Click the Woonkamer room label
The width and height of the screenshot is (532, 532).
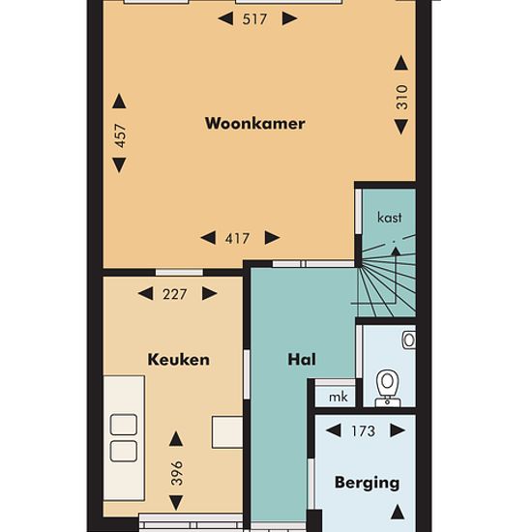click(254, 123)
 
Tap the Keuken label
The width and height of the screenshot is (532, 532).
click(179, 360)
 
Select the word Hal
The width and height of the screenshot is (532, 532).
click(302, 360)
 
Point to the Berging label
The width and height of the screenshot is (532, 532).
click(367, 483)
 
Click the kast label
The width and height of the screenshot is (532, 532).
click(390, 217)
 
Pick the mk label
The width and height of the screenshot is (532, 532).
click(339, 397)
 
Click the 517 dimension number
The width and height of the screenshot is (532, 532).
click(254, 19)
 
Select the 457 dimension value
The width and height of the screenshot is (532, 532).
click(121, 135)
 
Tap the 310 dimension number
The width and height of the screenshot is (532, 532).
click(402, 97)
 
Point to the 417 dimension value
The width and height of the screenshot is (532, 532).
click(237, 239)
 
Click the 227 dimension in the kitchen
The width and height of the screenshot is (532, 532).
click(175, 294)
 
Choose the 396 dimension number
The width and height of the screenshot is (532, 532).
click(177, 473)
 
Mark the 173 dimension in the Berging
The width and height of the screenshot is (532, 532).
click(364, 431)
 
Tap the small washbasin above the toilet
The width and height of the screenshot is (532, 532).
click(408, 340)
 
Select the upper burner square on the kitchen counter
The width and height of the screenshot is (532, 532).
click(124, 425)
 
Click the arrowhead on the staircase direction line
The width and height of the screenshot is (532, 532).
click(396, 251)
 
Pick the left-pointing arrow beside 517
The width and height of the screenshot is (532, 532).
click(225, 18)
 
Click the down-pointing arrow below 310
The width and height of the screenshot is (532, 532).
click(401, 127)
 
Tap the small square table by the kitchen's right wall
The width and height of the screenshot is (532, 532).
click(227, 432)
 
